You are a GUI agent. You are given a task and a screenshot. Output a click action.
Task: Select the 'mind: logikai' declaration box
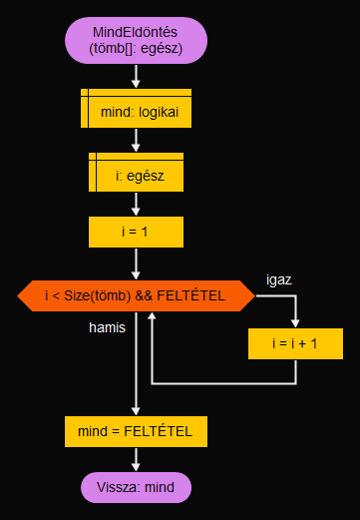(x=136, y=111)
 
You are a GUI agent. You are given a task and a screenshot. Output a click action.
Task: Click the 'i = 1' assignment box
(x=136, y=232)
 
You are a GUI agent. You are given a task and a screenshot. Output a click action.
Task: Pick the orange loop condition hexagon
(x=136, y=295)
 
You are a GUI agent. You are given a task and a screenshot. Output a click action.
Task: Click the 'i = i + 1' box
(x=295, y=343)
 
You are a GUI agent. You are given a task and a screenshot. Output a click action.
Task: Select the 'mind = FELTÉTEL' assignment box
(x=136, y=431)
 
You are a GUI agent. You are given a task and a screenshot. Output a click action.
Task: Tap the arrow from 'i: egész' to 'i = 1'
(x=136, y=204)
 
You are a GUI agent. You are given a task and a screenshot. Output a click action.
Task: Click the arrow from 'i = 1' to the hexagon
(x=136, y=263)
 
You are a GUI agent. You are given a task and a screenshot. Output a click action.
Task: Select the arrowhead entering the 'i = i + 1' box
(x=295, y=322)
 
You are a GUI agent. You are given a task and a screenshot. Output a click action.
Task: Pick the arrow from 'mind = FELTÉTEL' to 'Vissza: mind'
(x=136, y=459)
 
